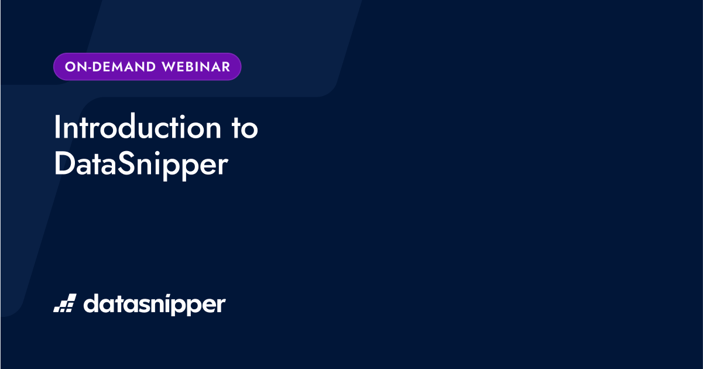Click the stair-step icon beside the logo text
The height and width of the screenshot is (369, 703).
tap(64, 303)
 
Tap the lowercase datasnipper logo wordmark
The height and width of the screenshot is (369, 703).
tap(154, 305)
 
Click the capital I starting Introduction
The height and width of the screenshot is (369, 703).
tap(57, 128)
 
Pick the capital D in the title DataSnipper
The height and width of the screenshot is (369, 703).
tap(63, 164)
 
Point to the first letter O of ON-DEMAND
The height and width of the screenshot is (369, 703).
tap(69, 67)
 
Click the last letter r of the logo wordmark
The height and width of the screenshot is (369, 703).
tap(221, 306)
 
